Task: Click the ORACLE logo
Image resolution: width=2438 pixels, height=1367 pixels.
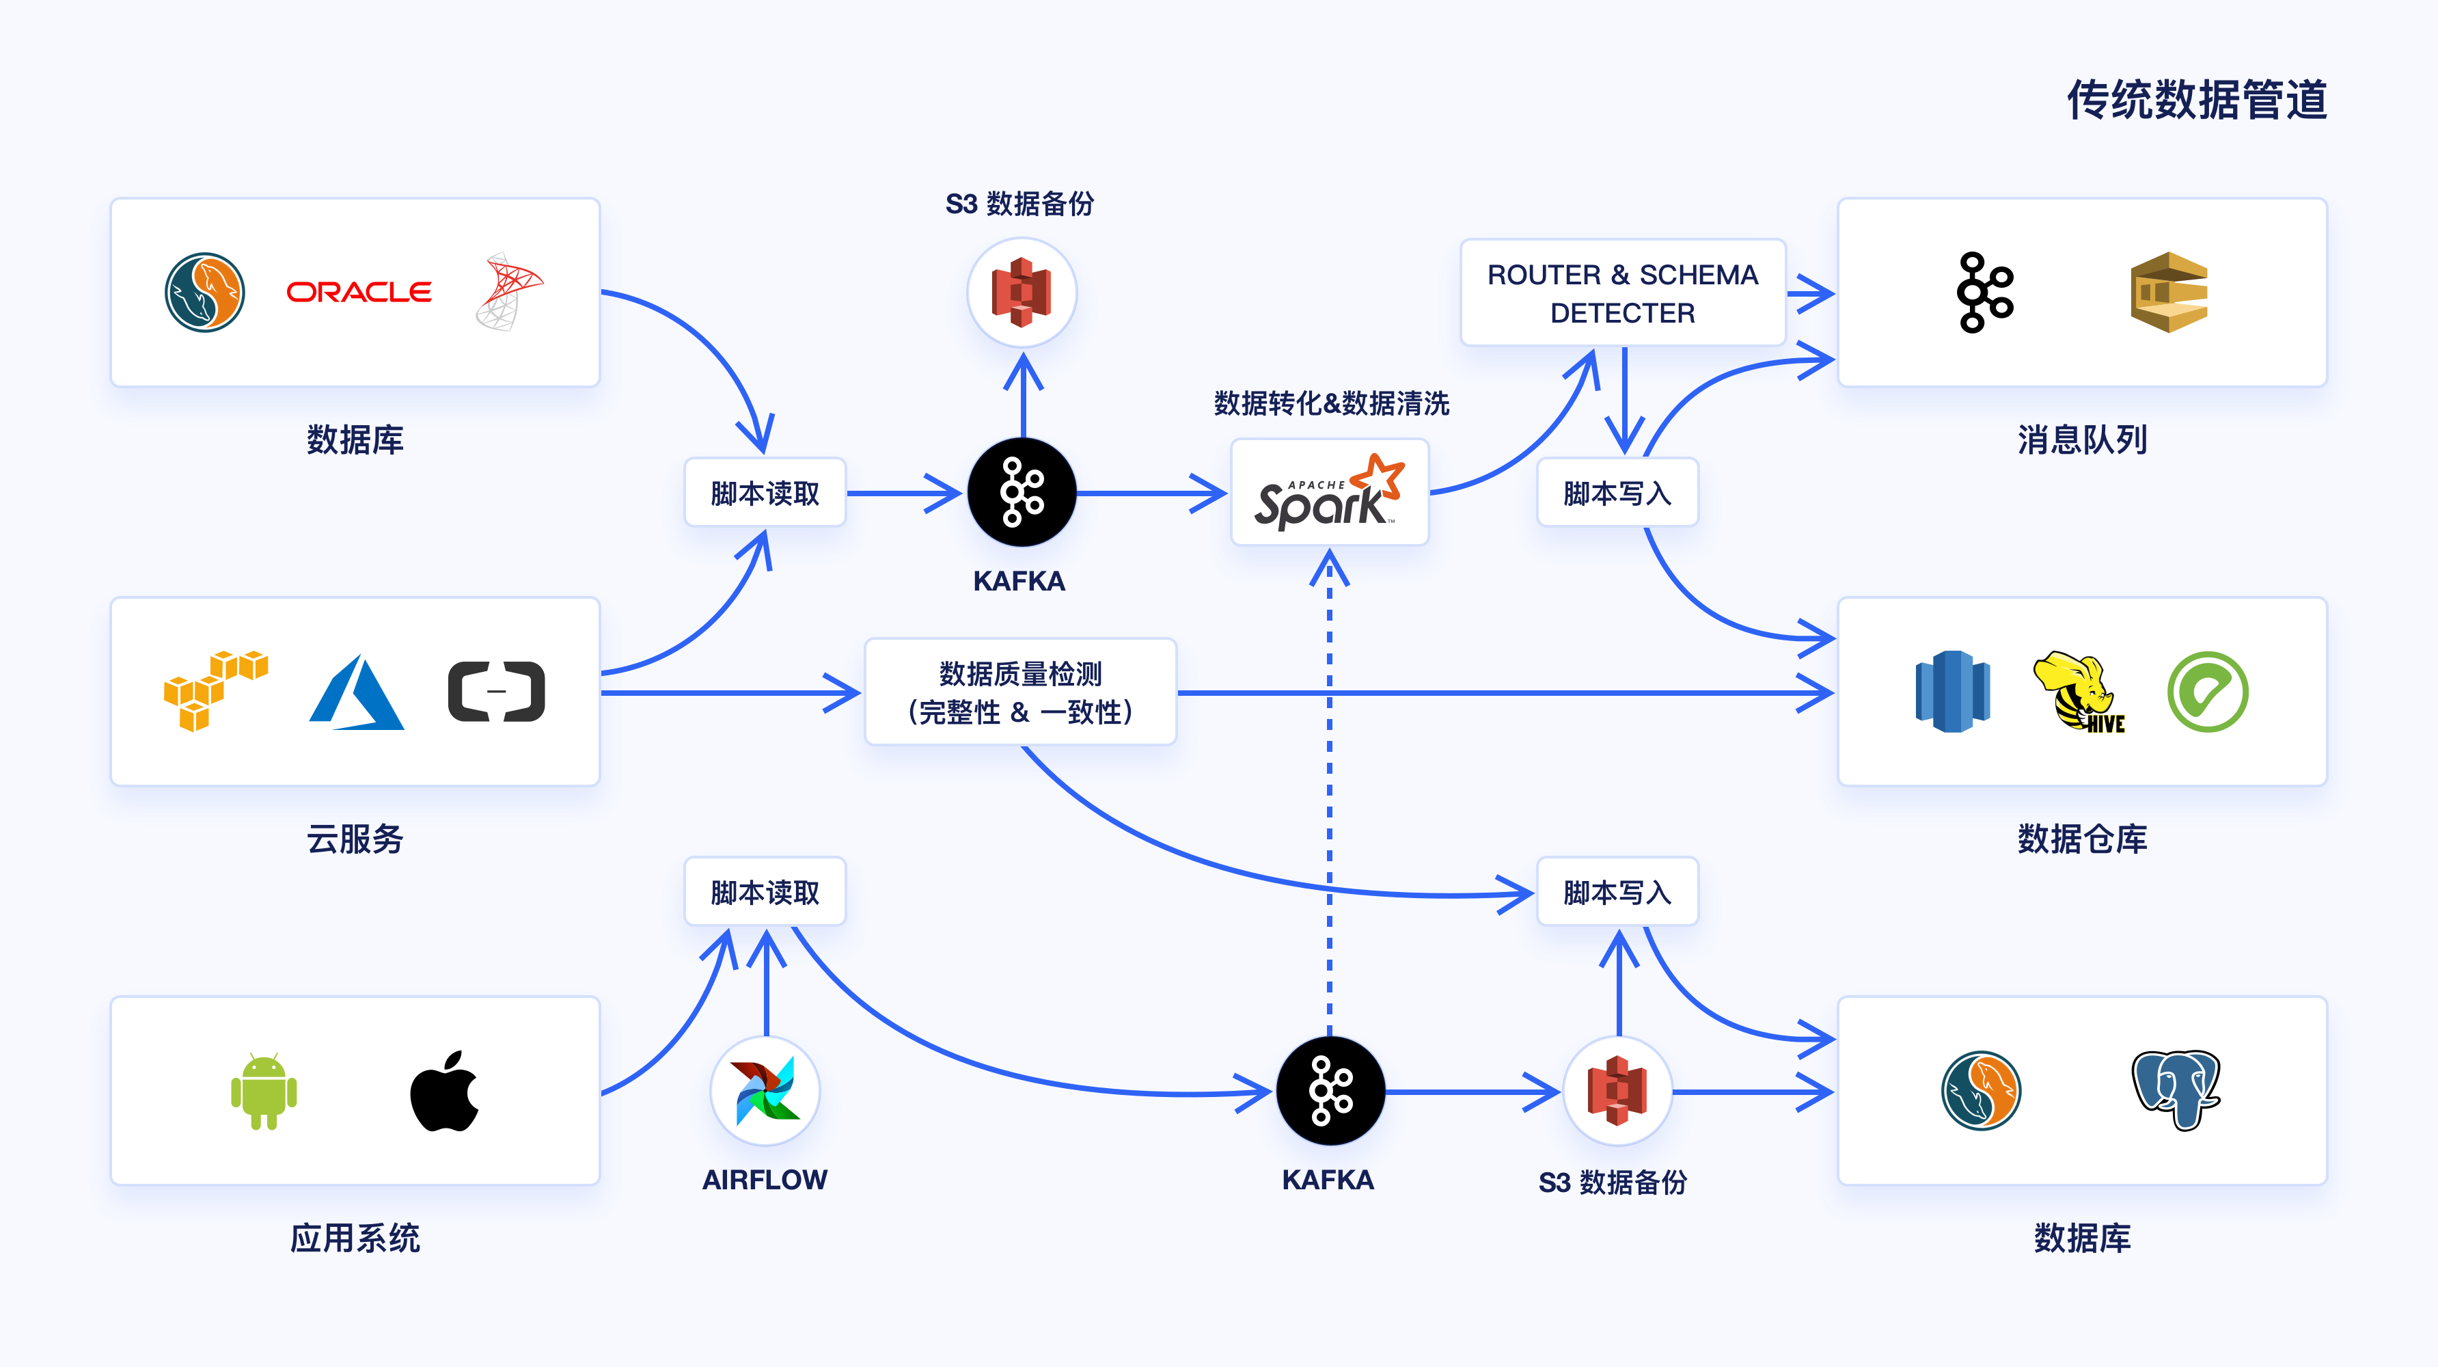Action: tap(359, 292)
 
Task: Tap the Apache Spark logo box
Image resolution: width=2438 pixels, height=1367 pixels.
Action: tap(1329, 492)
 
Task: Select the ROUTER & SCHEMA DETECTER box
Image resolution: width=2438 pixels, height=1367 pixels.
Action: tap(1622, 293)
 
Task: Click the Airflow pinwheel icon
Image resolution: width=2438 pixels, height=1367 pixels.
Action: tap(765, 1091)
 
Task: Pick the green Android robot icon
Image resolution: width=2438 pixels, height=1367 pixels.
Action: tap(264, 1091)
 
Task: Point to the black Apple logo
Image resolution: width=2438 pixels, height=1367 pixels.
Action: tap(444, 1091)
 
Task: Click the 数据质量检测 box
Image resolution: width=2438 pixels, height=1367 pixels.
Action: tap(1020, 692)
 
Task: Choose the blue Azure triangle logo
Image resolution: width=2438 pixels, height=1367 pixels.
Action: tap(357, 692)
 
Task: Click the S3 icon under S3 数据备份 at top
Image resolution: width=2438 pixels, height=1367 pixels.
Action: tap(1022, 292)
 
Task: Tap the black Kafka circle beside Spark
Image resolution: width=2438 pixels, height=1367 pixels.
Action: tap(1022, 492)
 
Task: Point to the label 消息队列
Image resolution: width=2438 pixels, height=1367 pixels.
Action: tap(2081, 439)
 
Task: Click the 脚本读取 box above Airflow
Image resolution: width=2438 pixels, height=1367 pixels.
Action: tap(765, 892)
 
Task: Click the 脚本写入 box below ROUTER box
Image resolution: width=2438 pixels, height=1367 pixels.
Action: tap(1617, 492)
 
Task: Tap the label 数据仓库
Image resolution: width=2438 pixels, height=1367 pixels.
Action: tap(2081, 839)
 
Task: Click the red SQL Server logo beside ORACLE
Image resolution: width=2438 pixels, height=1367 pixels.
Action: tap(508, 292)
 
